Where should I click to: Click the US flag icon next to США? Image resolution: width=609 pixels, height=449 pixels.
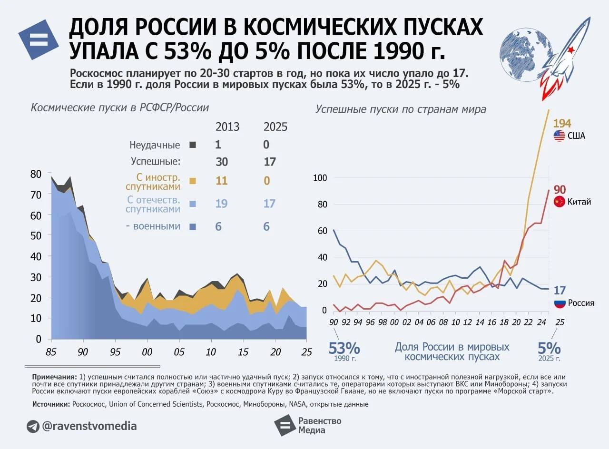coord(560,136)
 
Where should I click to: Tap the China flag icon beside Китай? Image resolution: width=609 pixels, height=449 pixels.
coord(560,202)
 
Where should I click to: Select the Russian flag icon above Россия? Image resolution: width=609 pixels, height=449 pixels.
coord(560,303)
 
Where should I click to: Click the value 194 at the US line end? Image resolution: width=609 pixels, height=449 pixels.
coord(562,123)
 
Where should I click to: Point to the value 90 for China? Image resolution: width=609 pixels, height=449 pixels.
coord(560,190)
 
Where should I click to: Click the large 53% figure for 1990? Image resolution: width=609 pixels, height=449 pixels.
coord(344,348)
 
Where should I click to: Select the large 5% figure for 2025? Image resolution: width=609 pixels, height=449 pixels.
coord(549,348)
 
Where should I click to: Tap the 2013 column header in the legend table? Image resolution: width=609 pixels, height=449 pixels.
coord(227,127)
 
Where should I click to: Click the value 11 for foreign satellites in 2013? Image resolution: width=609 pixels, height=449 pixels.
coord(221,181)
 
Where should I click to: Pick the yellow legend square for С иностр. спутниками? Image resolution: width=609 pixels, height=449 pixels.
coord(193,181)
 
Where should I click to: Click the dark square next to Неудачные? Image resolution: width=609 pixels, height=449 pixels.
coord(193,145)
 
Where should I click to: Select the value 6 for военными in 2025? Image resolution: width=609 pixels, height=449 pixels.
coord(266,226)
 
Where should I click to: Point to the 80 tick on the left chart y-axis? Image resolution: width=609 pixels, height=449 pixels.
coord(36,174)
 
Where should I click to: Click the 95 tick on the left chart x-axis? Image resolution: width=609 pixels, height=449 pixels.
coord(115,352)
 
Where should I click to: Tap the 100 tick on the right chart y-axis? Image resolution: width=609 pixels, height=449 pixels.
coord(321,178)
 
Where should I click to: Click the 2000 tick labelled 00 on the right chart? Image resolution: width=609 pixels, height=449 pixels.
coord(394,322)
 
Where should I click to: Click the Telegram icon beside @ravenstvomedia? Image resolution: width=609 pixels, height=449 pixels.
coord(33,426)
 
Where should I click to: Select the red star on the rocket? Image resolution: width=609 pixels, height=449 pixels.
coord(571,50)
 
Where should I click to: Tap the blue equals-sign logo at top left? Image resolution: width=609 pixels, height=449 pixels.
coord(39,39)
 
